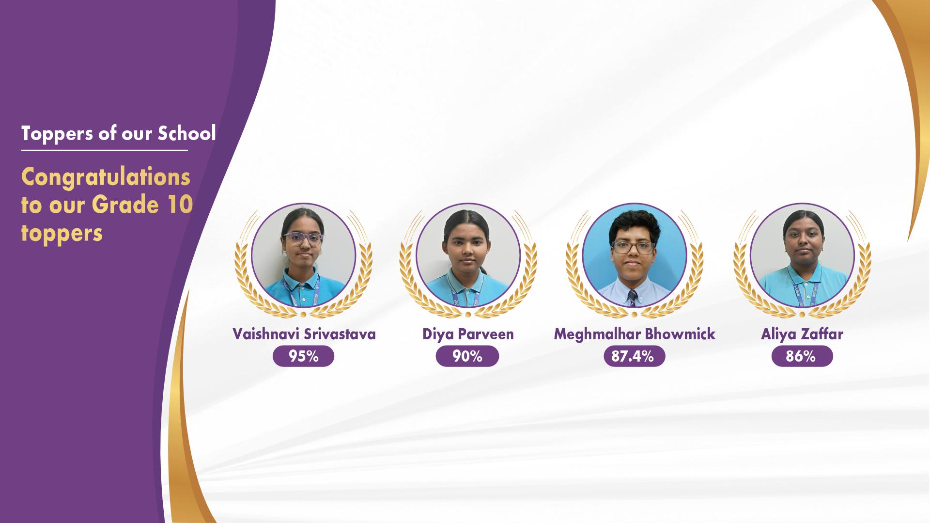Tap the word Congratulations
coord(106,178)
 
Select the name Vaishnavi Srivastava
coord(304,334)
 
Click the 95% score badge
coord(304,356)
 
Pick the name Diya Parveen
coord(468,334)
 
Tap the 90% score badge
coord(467,356)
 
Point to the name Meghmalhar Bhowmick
coord(635,334)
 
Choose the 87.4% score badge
coord(635,356)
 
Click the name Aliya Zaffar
coord(802,334)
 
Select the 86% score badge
coord(802,356)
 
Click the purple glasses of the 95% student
coord(303,238)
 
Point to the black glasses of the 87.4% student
coord(633,247)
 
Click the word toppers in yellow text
coord(62,234)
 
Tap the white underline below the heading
coord(104,150)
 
